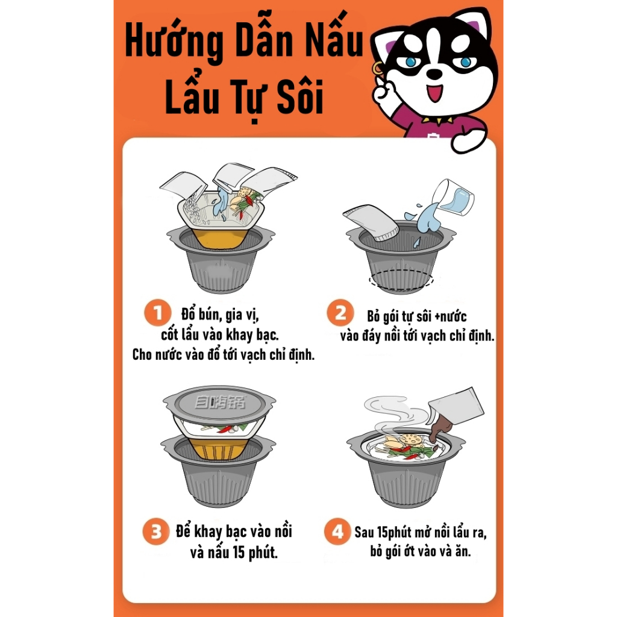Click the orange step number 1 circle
tap(158, 313)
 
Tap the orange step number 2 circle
tap(340, 313)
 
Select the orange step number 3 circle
tap(156, 531)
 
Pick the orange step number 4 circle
tap(337, 531)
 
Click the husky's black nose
tap(434, 74)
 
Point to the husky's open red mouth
tap(435, 92)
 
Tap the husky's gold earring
tap(377, 69)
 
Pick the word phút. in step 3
tap(263, 553)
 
